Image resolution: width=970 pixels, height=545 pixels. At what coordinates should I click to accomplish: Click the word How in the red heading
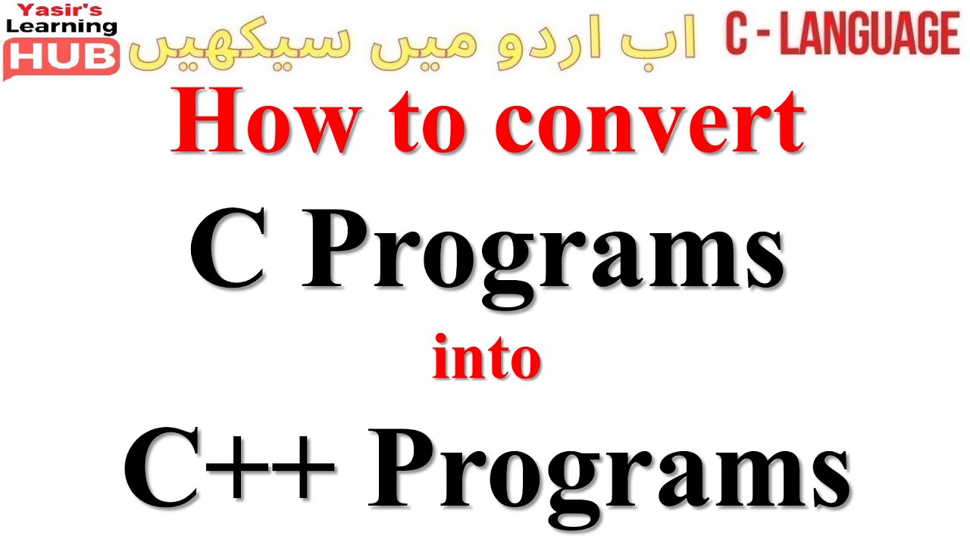(261, 122)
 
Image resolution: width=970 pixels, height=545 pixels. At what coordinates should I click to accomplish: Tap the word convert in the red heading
(653, 123)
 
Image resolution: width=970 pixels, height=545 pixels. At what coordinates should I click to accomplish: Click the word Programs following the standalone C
(542, 257)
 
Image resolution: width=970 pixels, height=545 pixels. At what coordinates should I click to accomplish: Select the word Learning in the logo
(61, 26)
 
